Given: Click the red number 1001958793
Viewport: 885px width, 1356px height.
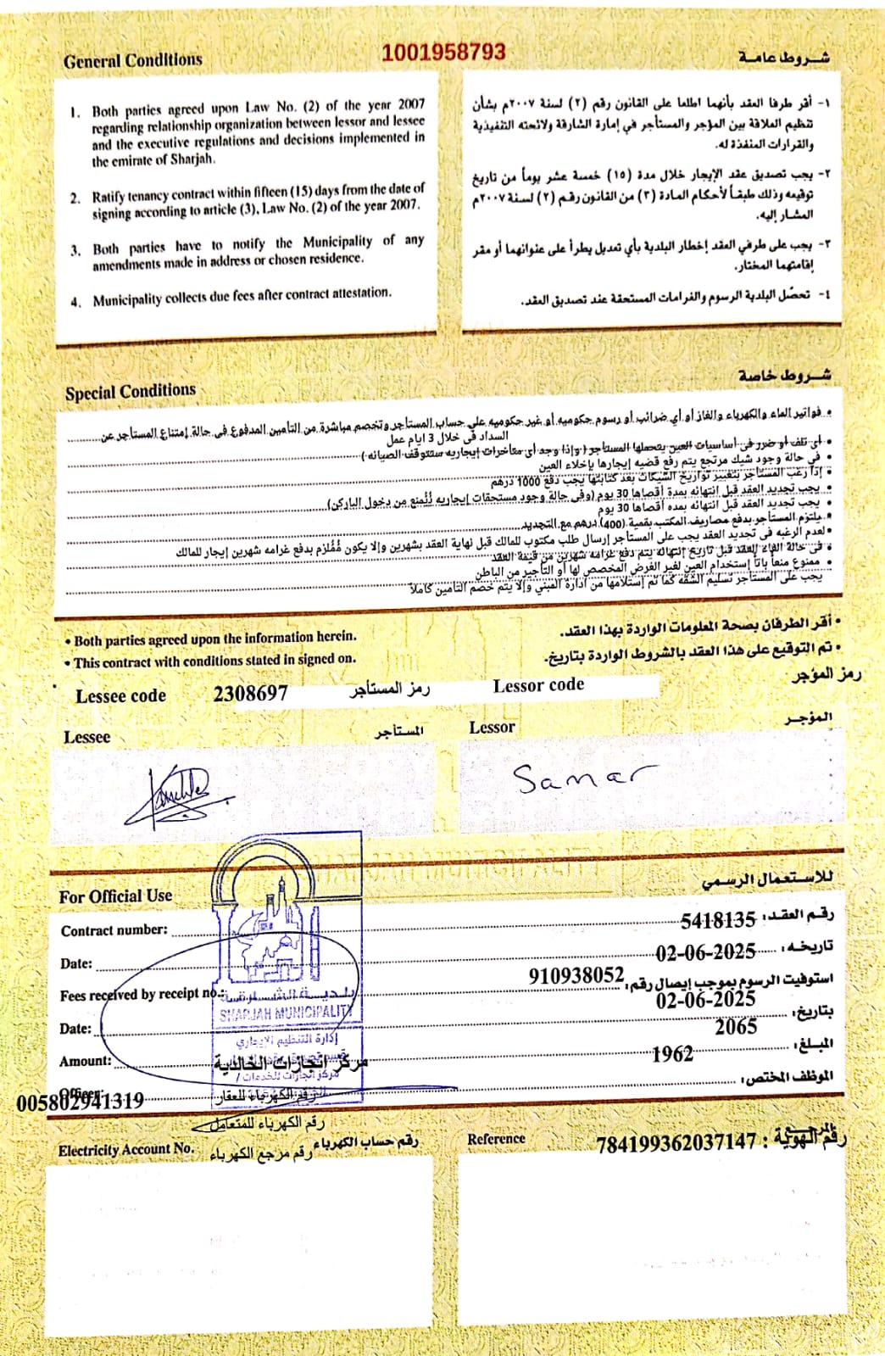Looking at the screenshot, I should click(x=443, y=53).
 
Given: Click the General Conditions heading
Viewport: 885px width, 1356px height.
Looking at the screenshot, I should click(x=133, y=61).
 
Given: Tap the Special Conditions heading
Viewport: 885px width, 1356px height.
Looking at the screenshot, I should click(x=131, y=392).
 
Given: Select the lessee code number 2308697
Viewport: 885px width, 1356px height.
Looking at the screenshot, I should click(x=251, y=694).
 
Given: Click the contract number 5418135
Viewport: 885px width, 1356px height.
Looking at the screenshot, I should click(x=718, y=920).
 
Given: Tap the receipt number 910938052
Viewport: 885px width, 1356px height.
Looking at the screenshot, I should click(x=576, y=976).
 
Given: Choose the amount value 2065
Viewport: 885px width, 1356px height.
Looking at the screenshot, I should click(x=735, y=1027).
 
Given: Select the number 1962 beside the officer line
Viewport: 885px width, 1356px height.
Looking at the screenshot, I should click(x=672, y=1054).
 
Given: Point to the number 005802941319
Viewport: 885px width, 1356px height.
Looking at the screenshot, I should click(x=80, y=1102).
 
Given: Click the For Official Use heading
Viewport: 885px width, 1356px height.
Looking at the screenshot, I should click(x=115, y=896).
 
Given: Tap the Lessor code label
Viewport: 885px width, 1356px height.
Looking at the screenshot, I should click(x=538, y=685).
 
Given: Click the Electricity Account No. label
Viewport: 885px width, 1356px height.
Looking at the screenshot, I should click(x=126, y=1150).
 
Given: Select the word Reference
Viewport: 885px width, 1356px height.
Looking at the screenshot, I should click(x=496, y=1139).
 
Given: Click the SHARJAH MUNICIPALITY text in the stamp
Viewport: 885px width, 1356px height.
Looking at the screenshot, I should click(x=286, y=1013).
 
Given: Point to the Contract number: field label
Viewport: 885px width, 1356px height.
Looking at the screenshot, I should click(x=114, y=930).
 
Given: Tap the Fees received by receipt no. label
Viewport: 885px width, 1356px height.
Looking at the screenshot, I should click(x=139, y=995).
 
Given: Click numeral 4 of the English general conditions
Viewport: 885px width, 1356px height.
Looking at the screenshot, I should click(x=76, y=300).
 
